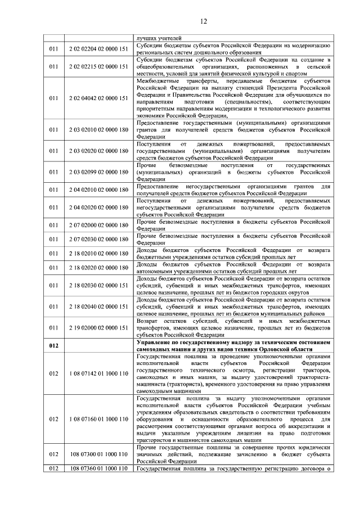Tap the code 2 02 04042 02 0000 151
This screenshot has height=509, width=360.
click(99, 98)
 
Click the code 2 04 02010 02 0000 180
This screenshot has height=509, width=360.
click(99, 190)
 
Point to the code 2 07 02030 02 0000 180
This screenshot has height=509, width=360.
click(99, 239)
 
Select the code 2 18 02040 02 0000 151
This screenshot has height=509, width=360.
click(99, 307)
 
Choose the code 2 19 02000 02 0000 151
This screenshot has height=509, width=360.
click(99, 327)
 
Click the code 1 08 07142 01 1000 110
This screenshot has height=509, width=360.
click(99, 373)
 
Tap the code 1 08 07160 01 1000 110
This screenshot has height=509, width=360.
click(99, 419)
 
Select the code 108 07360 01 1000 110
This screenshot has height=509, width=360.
click(99, 469)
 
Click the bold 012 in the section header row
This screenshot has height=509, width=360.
click(53, 346)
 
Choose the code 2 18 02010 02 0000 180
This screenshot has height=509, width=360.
click(99, 254)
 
